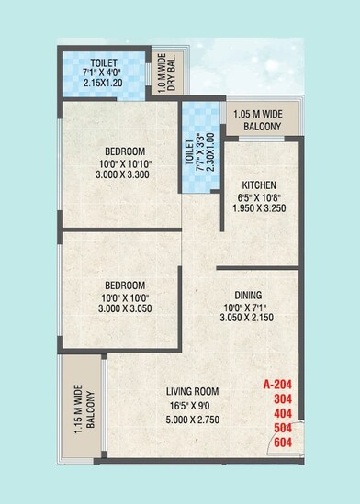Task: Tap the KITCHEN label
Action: pyautogui.click(x=249, y=184)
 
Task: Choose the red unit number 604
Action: pyautogui.click(x=286, y=443)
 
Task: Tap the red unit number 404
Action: pyautogui.click(x=286, y=414)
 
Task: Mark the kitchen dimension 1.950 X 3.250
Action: pyautogui.click(x=249, y=207)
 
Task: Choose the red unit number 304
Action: pyautogui.click(x=286, y=399)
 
